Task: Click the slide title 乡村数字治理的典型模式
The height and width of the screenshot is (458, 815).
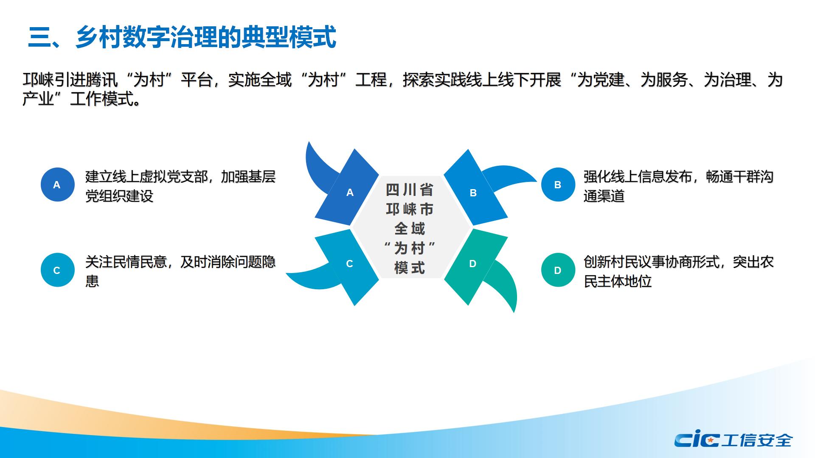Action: click(x=206, y=37)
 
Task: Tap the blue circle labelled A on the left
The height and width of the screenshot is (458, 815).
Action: click(x=57, y=184)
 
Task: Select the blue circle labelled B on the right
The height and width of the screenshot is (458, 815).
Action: click(x=558, y=184)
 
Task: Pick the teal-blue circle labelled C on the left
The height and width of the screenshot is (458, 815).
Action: click(x=57, y=270)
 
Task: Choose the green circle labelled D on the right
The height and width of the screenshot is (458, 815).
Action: click(x=558, y=270)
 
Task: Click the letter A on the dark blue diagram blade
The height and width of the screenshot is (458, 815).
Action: click(x=350, y=193)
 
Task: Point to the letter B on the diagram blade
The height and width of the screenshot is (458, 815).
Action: click(x=473, y=193)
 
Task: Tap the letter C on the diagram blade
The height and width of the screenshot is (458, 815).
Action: click(x=349, y=264)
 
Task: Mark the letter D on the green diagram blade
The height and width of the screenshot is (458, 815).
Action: click(x=472, y=264)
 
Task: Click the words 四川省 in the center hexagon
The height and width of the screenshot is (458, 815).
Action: click(x=410, y=190)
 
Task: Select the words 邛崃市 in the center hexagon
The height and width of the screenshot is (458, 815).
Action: click(x=410, y=209)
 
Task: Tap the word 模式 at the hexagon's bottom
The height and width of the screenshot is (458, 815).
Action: click(x=410, y=268)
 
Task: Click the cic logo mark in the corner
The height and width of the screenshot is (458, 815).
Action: click(x=696, y=440)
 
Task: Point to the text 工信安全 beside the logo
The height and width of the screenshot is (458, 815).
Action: click(x=757, y=440)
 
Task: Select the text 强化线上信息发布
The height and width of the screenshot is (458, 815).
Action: click(x=638, y=176)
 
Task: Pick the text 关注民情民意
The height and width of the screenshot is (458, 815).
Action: click(x=126, y=262)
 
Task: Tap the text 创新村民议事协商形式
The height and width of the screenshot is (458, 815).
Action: click(x=652, y=262)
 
